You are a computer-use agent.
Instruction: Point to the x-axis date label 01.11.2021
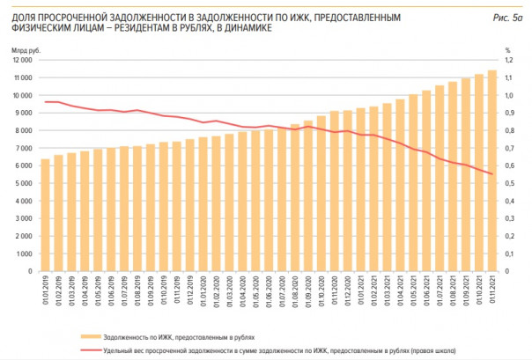(x=491, y=290)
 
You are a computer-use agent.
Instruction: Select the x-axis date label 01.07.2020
(x=282, y=290)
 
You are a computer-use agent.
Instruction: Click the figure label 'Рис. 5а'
(x=508, y=18)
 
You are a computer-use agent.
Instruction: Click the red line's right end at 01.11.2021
(x=491, y=174)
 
